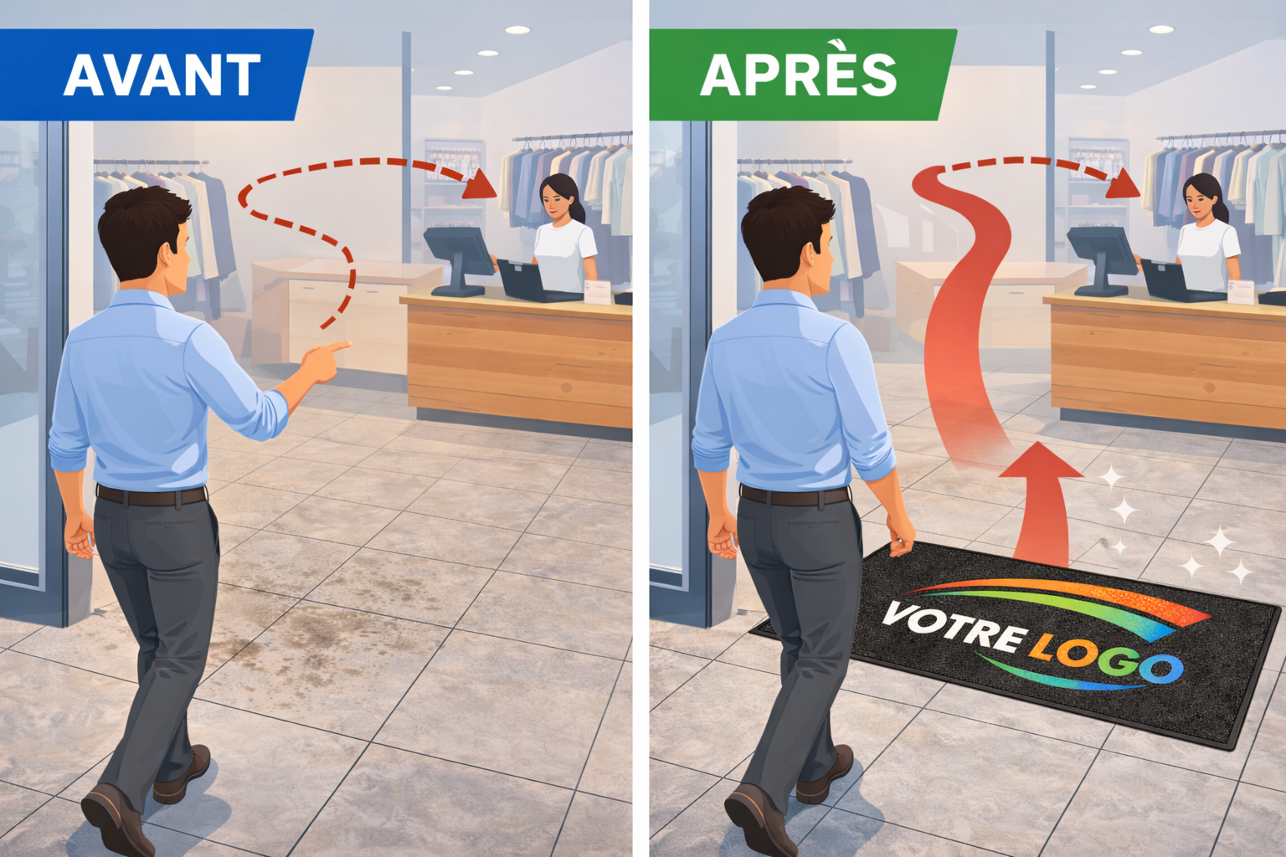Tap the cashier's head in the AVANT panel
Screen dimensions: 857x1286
pyautogui.click(x=558, y=196)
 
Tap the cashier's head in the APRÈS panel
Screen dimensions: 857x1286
pyautogui.click(x=1202, y=196)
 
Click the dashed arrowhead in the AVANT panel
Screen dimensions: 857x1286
pyautogui.click(x=481, y=184)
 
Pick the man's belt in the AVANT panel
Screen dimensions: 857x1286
pyautogui.click(x=151, y=495)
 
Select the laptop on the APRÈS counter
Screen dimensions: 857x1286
pyautogui.click(x=1172, y=280)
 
